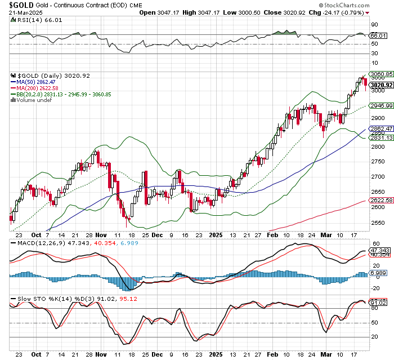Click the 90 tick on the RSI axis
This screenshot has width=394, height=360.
[373, 25]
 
